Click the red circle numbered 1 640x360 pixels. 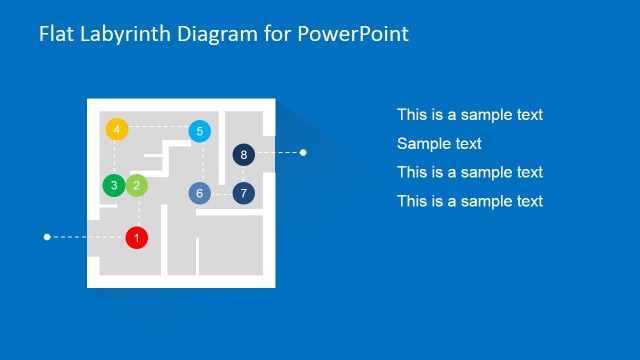click(137, 238)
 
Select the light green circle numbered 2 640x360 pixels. click(137, 185)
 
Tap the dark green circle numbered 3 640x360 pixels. click(114, 185)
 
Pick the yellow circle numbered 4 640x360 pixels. click(117, 129)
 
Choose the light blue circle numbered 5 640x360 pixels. click(199, 131)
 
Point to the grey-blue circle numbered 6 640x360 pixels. click(200, 193)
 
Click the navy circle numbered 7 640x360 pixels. click(243, 193)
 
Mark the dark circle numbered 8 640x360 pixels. click(243, 154)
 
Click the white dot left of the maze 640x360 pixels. click(47, 237)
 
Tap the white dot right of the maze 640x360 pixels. click(303, 153)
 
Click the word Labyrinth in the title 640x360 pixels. click(124, 35)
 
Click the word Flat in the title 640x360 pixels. click(56, 35)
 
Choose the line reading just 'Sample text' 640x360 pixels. click(439, 144)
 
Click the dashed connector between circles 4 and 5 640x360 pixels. click(158, 127)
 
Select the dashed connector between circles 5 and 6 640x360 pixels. click(203, 162)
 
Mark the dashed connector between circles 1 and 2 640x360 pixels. click(138, 212)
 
